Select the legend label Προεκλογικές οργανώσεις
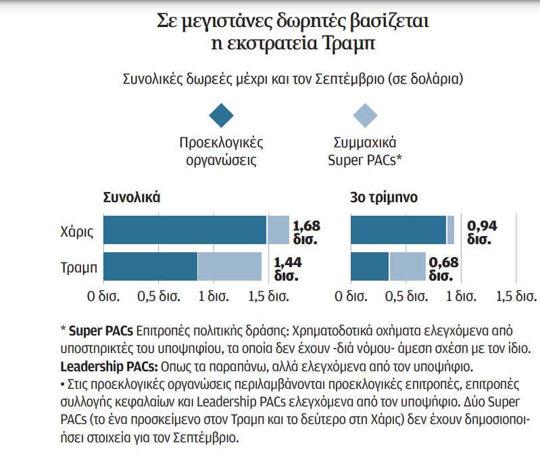pos(221,151)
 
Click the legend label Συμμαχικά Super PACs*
pos(366,151)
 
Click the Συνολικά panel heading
pos(131,198)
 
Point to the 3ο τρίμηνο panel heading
pos(383,198)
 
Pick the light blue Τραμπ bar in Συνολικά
pos(230,266)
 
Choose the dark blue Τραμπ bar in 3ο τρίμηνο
pos(370,266)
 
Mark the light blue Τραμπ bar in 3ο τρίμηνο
pos(408,266)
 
